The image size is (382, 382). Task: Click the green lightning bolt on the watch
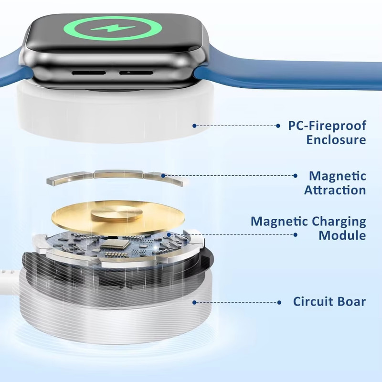[x=113, y=29]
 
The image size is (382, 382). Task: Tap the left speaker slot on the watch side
[x=89, y=73]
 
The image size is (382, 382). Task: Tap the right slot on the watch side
[x=136, y=73]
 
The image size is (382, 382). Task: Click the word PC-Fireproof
[x=327, y=126]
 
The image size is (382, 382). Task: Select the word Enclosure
[x=336, y=140]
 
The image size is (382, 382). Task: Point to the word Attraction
[x=335, y=190]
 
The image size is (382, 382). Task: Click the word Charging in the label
[x=339, y=222]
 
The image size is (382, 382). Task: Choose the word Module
[x=342, y=235]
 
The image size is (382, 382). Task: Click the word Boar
[x=351, y=301]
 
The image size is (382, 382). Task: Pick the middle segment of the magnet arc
[x=118, y=174]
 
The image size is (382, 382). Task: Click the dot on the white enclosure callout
[x=194, y=126]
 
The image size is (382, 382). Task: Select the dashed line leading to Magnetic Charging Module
[x=232, y=235]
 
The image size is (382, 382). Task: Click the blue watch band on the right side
[x=287, y=73]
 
